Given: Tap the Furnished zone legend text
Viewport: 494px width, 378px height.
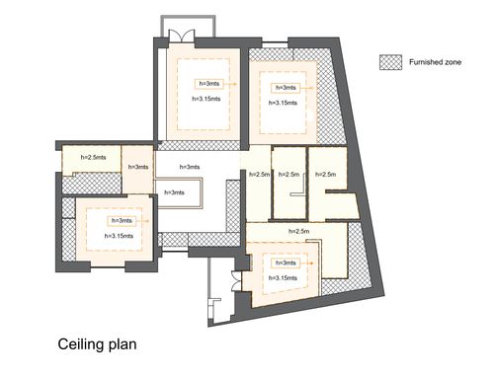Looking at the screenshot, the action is [x=435, y=62].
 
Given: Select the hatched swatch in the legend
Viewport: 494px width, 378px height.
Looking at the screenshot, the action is [x=390, y=62].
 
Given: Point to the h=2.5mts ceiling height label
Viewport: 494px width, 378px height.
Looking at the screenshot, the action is [x=94, y=157].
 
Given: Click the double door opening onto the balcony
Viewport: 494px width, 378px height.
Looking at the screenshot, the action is [x=182, y=36].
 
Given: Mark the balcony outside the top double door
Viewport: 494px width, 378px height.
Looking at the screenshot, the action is [x=188, y=26].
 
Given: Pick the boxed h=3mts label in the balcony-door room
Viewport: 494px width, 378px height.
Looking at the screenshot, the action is [x=207, y=84].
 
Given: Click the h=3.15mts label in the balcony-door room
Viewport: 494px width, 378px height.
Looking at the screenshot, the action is [x=206, y=99].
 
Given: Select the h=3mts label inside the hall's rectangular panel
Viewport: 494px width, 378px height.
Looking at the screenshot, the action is [x=174, y=192].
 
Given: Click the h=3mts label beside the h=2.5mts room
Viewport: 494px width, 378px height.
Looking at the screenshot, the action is [x=138, y=167].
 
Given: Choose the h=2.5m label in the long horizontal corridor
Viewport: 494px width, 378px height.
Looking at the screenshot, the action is [x=299, y=231].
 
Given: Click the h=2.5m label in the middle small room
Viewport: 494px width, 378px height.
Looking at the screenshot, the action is [x=288, y=174].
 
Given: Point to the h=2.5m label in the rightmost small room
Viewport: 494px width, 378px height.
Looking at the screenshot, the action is [x=326, y=174].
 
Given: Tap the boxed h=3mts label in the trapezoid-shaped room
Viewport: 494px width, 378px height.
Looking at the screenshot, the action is [x=286, y=263].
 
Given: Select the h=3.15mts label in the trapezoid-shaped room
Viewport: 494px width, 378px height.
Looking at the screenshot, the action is [x=283, y=278].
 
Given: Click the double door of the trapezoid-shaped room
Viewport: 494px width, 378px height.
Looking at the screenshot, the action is [x=237, y=280].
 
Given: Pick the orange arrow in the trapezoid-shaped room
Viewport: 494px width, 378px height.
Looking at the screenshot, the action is [x=306, y=264].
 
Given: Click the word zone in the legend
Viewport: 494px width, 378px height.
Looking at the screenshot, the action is [x=453, y=62].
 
